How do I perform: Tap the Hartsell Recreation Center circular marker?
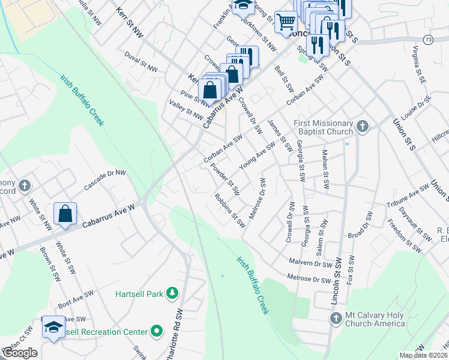(157, 331)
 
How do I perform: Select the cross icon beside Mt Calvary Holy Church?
(335, 317)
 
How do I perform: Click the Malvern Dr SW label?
(310, 263)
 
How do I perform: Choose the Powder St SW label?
(225, 178)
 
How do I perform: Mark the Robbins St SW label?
(231, 210)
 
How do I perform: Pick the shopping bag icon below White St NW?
(65, 214)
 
